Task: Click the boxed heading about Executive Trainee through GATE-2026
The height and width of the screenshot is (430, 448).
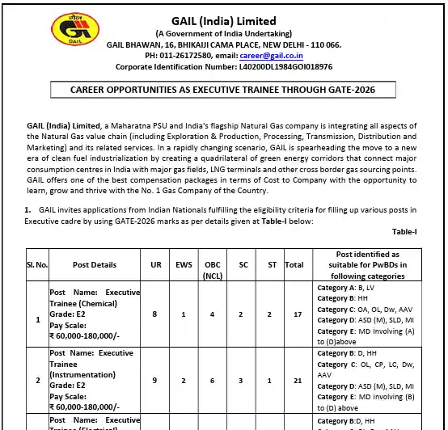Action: (222, 90)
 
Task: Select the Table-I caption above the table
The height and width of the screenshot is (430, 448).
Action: (404, 232)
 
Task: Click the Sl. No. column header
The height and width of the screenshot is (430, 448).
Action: (37, 264)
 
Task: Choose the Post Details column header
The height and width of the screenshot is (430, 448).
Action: (95, 264)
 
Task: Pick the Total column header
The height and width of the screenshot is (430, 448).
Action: (294, 264)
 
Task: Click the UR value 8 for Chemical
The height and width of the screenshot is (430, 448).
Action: (154, 314)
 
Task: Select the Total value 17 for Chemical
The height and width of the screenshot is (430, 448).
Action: (294, 314)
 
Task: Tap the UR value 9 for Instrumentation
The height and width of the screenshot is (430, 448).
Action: (154, 381)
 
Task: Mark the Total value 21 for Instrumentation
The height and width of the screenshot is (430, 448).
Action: (294, 381)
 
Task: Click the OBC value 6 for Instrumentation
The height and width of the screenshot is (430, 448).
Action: (211, 381)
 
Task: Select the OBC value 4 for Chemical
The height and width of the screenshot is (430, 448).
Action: (211, 314)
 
